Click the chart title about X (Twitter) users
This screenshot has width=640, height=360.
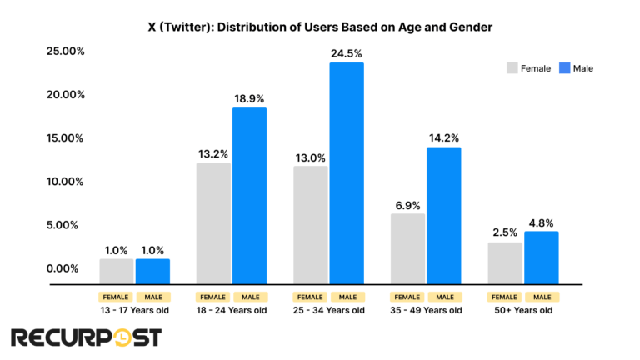tap(319, 27)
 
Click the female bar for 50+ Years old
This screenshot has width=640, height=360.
tap(505, 262)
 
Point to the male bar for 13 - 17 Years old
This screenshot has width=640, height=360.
tap(152, 271)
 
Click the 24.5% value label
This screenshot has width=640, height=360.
tap(346, 53)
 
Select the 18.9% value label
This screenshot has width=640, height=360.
tap(248, 98)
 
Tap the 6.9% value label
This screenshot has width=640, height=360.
tap(407, 204)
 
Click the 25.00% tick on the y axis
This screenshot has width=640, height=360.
tap(65, 52)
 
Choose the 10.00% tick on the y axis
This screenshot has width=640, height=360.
tap(65, 182)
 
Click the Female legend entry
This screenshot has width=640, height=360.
tap(528, 68)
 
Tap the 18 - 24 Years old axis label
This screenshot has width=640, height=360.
tap(231, 311)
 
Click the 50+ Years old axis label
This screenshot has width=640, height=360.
tap(522, 311)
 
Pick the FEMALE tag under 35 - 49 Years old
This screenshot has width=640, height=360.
tap(407, 296)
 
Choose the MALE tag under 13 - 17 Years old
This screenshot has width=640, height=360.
tap(152, 296)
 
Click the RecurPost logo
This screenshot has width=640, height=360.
tap(86, 337)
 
